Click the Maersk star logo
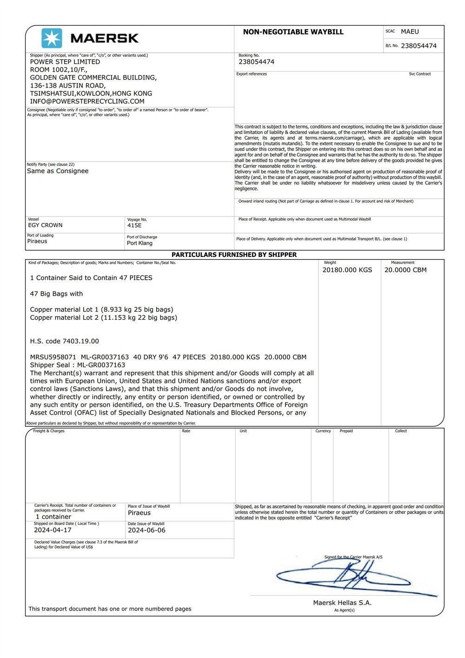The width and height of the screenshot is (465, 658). pyautogui.click(x=51, y=38)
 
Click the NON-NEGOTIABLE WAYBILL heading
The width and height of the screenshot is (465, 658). pyautogui.click(x=293, y=32)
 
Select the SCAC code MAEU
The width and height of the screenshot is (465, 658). pyautogui.click(x=410, y=32)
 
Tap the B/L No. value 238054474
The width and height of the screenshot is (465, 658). pyautogui.click(x=418, y=46)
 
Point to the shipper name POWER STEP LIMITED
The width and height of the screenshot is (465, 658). pyautogui.click(x=65, y=62)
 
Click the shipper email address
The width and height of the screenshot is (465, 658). pyautogui.click(x=87, y=101)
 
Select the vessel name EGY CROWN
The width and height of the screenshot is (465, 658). pyautogui.click(x=45, y=225)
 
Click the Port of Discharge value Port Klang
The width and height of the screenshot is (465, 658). pyautogui.click(x=139, y=243)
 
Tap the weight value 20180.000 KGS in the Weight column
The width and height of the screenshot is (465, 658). pyautogui.click(x=347, y=270)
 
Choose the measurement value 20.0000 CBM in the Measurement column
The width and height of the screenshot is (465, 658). pyautogui.click(x=405, y=270)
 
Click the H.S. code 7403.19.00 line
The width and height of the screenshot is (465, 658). pyautogui.click(x=65, y=341)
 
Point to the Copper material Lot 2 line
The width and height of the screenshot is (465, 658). pyautogui.click(x=103, y=318)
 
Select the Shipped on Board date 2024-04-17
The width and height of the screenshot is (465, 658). pyautogui.click(x=53, y=530)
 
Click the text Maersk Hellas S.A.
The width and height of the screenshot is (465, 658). pyautogui.click(x=342, y=603)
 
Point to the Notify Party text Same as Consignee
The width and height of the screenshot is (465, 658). pyautogui.click(x=58, y=171)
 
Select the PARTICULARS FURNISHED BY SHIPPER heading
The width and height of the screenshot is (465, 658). pyautogui.click(x=234, y=255)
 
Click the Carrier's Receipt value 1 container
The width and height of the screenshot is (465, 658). pyautogui.click(x=53, y=517)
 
